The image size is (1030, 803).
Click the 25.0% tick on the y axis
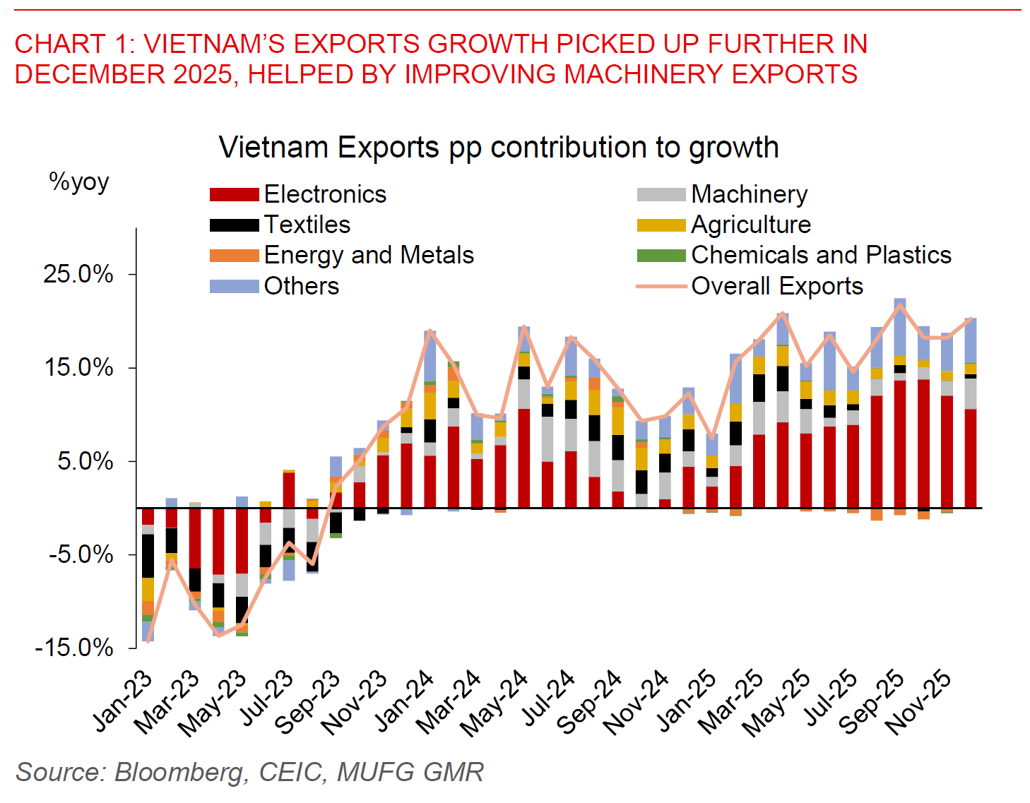pyautogui.click(x=78, y=274)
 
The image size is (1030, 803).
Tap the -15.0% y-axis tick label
pyautogui.click(x=74, y=648)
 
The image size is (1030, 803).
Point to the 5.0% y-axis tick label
pyautogui.click(x=85, y=461)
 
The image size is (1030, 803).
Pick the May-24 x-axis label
pyautogui.click(x=495, y=702)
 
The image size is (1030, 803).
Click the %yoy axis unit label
pyautogui.click(x=79, y=182)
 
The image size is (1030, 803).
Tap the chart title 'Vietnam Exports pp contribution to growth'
pyautogui.click(x=499, y=148)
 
